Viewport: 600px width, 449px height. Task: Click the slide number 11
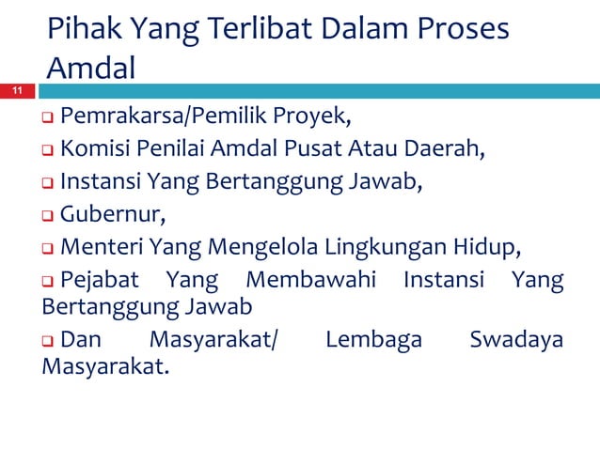pyautogui.click(x=16, y=91)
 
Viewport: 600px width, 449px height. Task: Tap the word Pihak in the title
pyautogui.click(x=80, y=31)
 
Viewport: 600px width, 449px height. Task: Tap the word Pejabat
pyautogui.click(x=97, y=281)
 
